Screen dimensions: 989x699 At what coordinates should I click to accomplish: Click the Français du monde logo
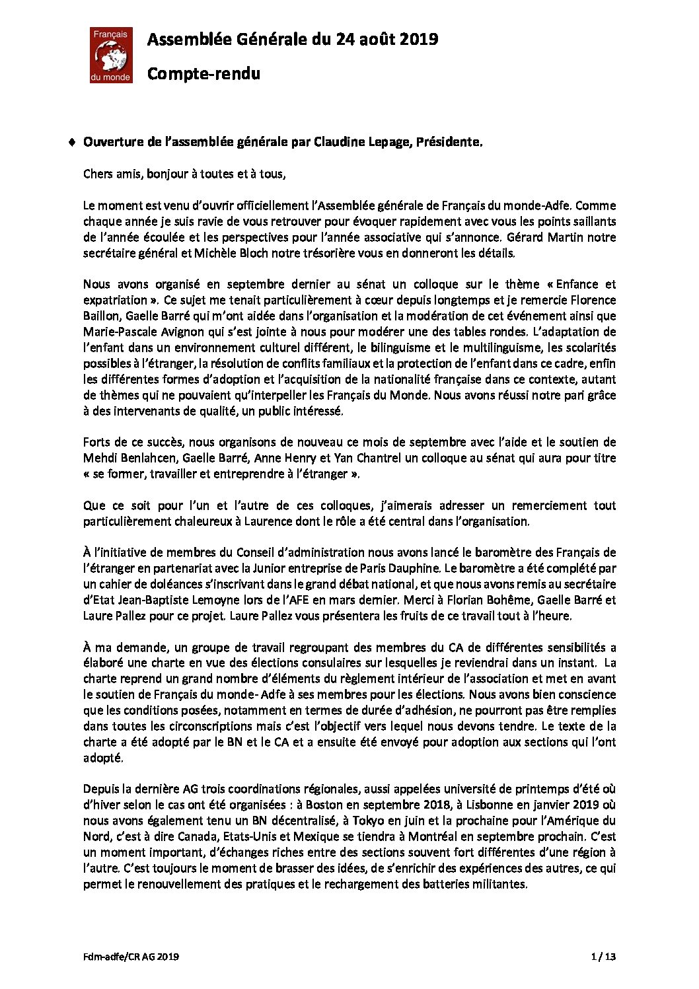(x=111, y=55)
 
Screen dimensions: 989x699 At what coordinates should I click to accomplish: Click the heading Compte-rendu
(x=203, y=73)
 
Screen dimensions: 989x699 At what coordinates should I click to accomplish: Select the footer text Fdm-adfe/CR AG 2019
(x=131, y=956)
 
